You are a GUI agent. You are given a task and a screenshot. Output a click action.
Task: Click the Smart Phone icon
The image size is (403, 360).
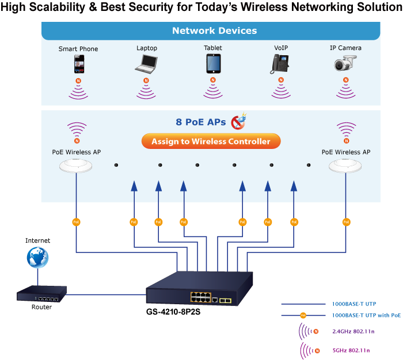(78, 64)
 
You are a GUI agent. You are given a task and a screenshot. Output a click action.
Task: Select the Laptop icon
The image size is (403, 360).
(147, 63)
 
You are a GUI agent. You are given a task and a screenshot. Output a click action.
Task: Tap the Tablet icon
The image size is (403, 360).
(213, 63)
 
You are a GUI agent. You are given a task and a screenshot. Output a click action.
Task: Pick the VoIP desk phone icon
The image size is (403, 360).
(280, 64)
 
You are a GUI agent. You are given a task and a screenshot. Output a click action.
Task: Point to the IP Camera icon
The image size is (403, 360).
(346, 64)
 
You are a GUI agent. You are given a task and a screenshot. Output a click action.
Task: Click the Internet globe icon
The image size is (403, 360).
(37, 257)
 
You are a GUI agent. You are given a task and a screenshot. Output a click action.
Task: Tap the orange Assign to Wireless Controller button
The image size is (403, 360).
(211, 141)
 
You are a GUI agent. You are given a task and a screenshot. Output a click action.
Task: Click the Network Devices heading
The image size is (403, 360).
(214, 31)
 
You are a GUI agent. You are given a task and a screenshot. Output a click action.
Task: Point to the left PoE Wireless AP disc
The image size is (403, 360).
(76, 166)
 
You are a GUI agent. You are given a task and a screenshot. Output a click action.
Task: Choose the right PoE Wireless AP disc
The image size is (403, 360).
(346, 166)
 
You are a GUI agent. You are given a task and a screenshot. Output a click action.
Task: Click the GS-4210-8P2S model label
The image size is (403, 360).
(173, 312)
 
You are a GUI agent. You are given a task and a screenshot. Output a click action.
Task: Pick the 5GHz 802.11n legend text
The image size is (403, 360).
(350, 350)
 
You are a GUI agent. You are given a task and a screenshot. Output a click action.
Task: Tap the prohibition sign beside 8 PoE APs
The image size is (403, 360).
(238, 122)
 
